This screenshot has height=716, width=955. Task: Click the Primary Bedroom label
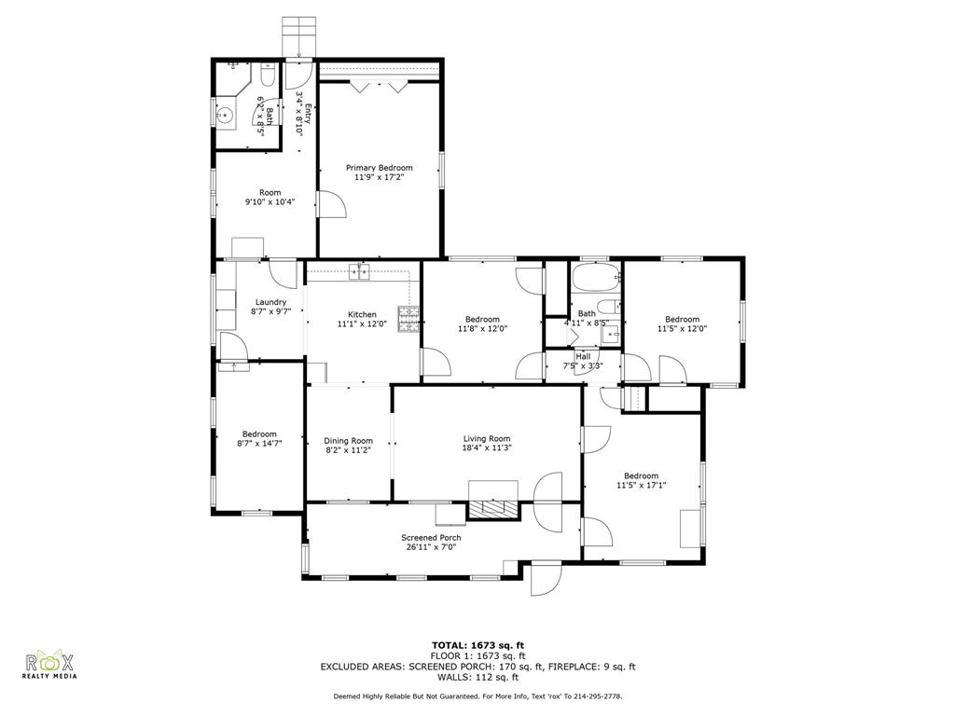379,168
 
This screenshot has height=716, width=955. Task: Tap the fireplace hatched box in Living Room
491,509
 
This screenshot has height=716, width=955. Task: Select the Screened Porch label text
431,538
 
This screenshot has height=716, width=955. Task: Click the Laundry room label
270,302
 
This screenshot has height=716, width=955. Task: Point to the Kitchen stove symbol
409,319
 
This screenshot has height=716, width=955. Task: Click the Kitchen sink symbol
360,271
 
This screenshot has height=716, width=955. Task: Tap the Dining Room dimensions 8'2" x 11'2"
348,450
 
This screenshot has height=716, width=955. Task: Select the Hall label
583,356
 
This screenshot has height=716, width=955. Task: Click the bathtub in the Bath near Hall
594,278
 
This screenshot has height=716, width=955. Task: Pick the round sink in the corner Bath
225,117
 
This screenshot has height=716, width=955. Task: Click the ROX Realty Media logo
49,665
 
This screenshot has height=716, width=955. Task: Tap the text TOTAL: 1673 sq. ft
477,645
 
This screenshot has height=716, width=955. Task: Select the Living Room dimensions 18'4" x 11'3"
487,447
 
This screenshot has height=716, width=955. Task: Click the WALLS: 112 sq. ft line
477,678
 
